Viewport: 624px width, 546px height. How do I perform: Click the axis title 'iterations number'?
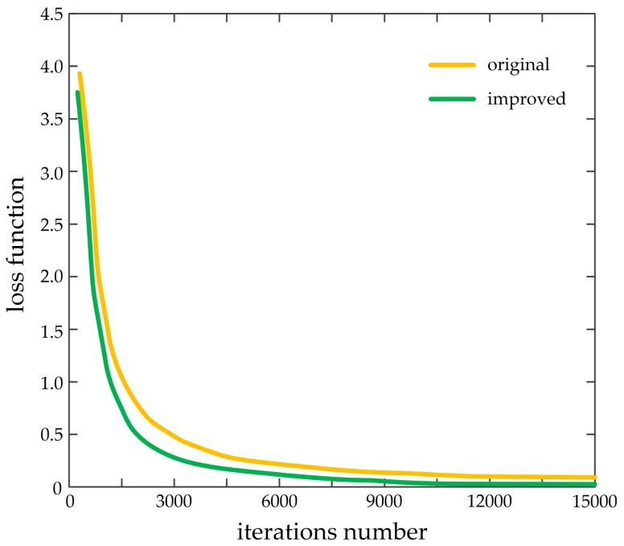pos(331,531)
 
